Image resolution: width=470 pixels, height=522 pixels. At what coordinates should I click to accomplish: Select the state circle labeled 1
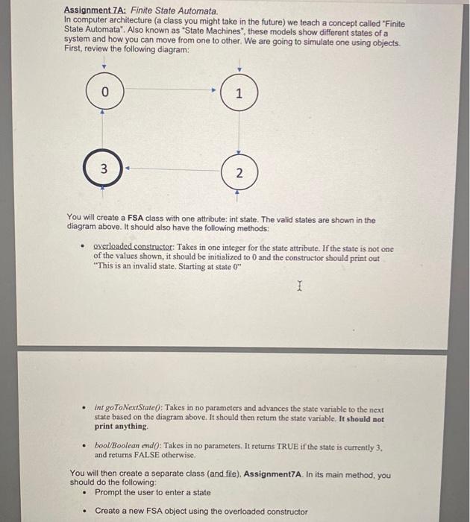click(238, 93)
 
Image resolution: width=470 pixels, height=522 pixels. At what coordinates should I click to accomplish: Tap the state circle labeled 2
click(238, 173)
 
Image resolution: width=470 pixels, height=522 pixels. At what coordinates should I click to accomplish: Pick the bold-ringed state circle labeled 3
click(104, 169)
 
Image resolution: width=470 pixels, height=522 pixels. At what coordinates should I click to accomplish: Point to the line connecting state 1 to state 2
click(238, 133)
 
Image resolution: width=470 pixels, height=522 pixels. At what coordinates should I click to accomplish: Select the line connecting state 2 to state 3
click(172, 169)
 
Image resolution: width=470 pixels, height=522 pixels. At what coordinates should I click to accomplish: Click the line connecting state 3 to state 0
click(104, 130)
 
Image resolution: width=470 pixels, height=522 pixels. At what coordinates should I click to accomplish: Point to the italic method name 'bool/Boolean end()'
click(127, 445)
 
